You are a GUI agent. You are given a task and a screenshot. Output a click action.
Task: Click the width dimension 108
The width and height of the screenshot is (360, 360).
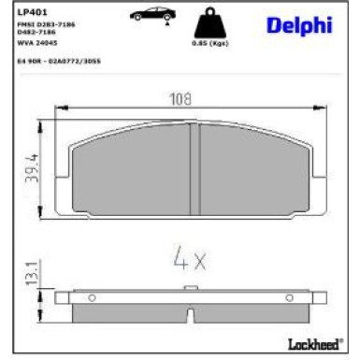pos(180,96)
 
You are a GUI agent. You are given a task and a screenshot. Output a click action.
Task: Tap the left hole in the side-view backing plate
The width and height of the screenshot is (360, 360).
pos(91,298)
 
